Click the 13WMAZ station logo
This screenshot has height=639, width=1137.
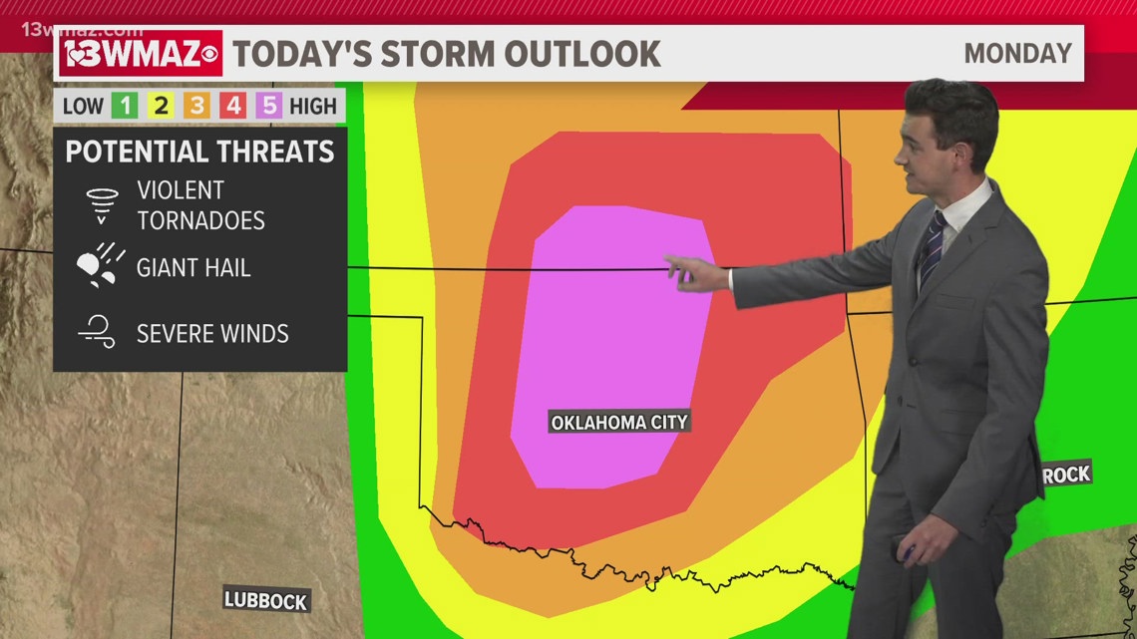coord(141,53)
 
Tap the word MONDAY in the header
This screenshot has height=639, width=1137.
coord(1017,53)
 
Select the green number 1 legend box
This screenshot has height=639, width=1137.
coord(126,106)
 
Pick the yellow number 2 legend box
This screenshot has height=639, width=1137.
coord(161,106)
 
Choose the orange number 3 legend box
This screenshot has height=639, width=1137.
coord(196,106)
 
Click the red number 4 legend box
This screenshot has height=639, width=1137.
coord(232,106)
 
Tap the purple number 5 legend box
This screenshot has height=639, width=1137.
coord(268,106)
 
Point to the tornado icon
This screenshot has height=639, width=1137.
coord(102,205)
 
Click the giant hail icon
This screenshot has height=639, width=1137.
coord(101,267)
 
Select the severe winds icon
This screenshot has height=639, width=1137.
coord(98,332)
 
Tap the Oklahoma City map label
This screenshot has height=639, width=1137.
coord(619,422)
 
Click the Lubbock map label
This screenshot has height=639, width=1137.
coord(266,600)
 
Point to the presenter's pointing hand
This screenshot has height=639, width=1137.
coord(694,272)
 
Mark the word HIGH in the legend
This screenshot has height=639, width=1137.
coord(314,106)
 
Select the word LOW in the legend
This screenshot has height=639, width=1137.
coord(84,106)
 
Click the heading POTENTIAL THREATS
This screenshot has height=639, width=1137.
coord(199,152)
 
